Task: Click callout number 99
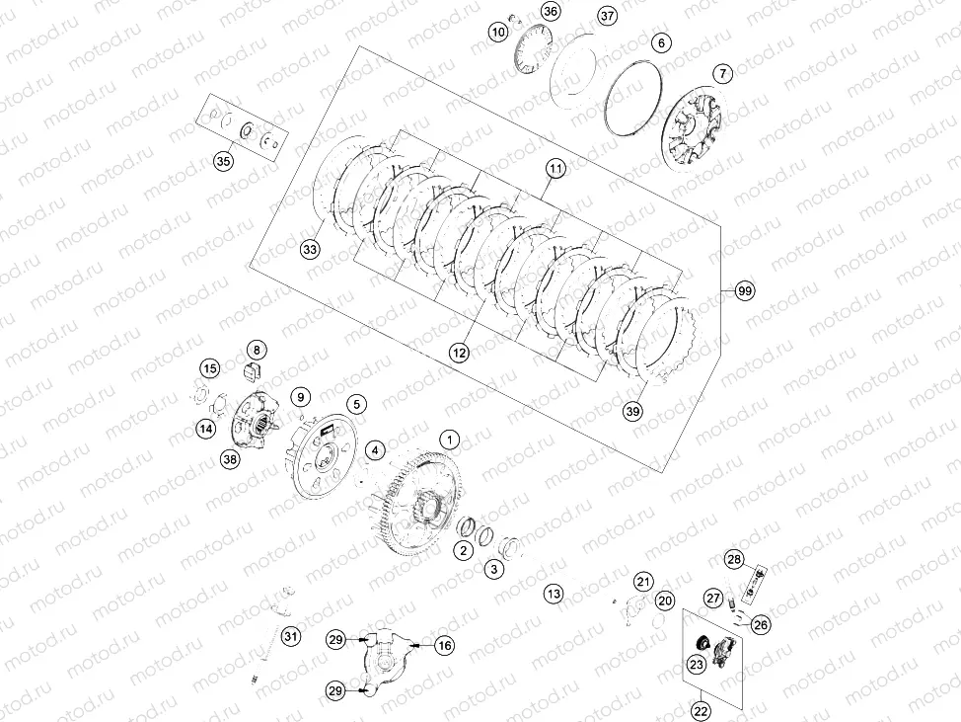pos(745,290)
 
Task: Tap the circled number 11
pos(555,168)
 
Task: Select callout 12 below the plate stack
pos(459,353)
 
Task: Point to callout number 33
pos(310,249)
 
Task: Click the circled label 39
pos(633,411)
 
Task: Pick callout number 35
pos(224,161)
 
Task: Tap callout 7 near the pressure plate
pos(723,74)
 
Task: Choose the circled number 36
pos(551,11)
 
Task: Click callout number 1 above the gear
pos(450,440)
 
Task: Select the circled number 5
pos(357,404)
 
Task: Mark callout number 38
pos(231,459)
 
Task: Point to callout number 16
pos(445,645)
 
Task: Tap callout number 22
pos(701,711)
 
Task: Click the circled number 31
pos(290,636)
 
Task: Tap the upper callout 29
pos(335,640)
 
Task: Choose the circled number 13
pos(554,594)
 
